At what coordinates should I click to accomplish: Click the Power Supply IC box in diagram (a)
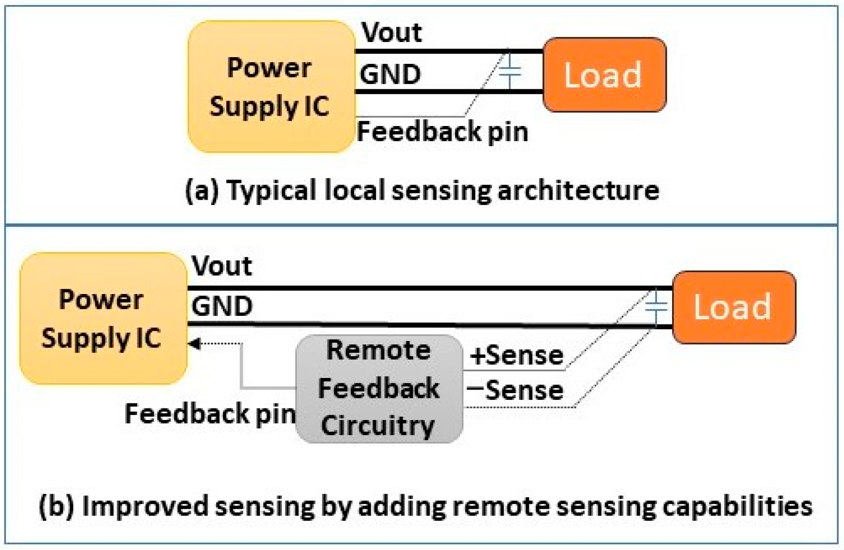pyautogui.click(x=272, y=86)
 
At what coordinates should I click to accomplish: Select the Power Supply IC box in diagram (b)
pyautogui.click(x=103, y=318)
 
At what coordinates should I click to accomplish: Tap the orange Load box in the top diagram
pyautogui.click(x=605, y=75)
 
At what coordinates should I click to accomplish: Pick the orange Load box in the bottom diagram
pyautogui.click(x=734, y=307)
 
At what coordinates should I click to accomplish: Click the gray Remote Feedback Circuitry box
pyautogui.click(x=379, y=389)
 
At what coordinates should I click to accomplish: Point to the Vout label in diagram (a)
pyautogui.click(x=392, y=32)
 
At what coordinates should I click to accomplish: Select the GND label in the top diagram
pyautogui.click(x=390, y=74)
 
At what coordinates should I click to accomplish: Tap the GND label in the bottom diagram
pyautogui.click(x=222, y=306)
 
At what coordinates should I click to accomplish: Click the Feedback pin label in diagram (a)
pyautogui.click(x=443, y=132)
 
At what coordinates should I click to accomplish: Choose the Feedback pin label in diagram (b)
pyautogui.click(x=210, y=413)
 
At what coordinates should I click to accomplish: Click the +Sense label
pyautogui.click(x=517, y=356)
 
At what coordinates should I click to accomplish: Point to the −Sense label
pyautogui.click(x=515, y=390)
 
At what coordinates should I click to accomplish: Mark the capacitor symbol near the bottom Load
pyautogui.click(x=656, y=306)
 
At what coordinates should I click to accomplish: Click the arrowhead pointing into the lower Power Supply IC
pyautogui.click(x=194, y=344)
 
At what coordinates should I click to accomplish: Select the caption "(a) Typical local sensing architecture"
pyautogui.click(x=422, y=190)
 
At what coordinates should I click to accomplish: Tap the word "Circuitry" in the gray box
pyautogui.click(x=378, y=425)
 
